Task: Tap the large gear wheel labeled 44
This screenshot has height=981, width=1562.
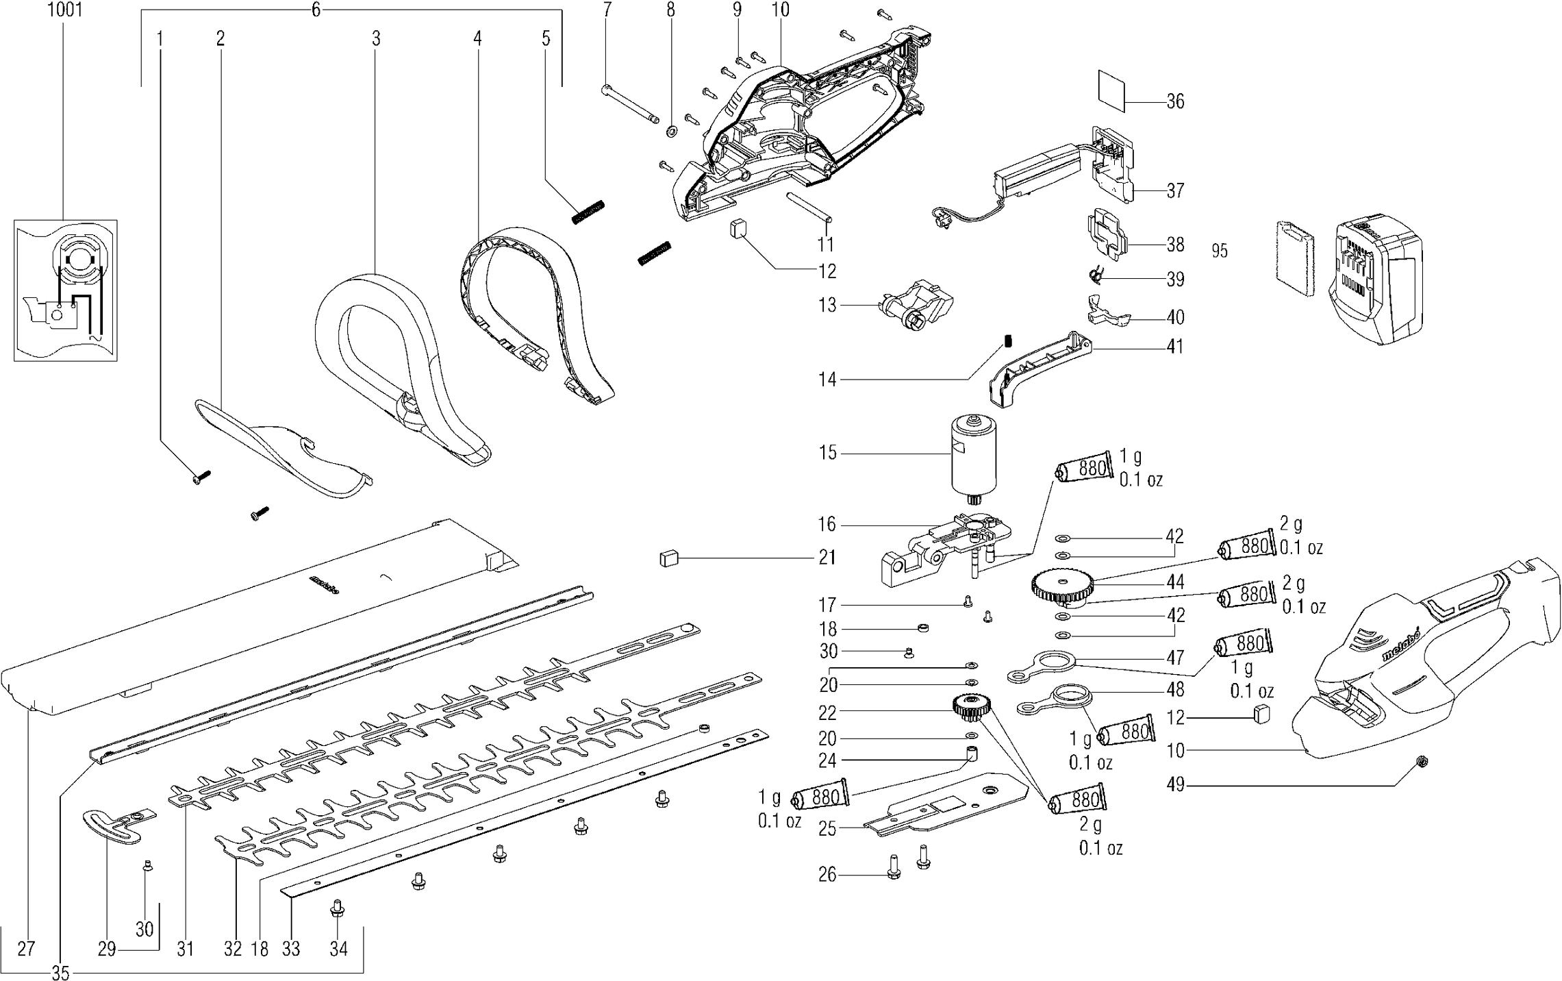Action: (x=1061, y=586)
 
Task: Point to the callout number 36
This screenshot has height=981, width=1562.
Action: (x=1175, y=102)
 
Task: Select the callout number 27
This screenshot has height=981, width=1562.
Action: (x=26, y=949)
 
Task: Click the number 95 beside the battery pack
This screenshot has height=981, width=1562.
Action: (x=1219, y=251)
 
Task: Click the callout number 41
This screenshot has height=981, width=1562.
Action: (x=1175, y=347)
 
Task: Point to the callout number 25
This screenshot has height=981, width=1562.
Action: (x=827, y=829)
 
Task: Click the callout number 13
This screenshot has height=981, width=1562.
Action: (x=828, y=305)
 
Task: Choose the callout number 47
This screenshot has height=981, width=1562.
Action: (x=1175, y=658)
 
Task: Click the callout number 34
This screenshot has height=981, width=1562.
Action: (x=338, y=949)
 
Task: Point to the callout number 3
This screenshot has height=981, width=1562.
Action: (x=376, y=39)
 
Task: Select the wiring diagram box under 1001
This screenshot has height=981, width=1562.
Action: (x=65, y=290)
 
